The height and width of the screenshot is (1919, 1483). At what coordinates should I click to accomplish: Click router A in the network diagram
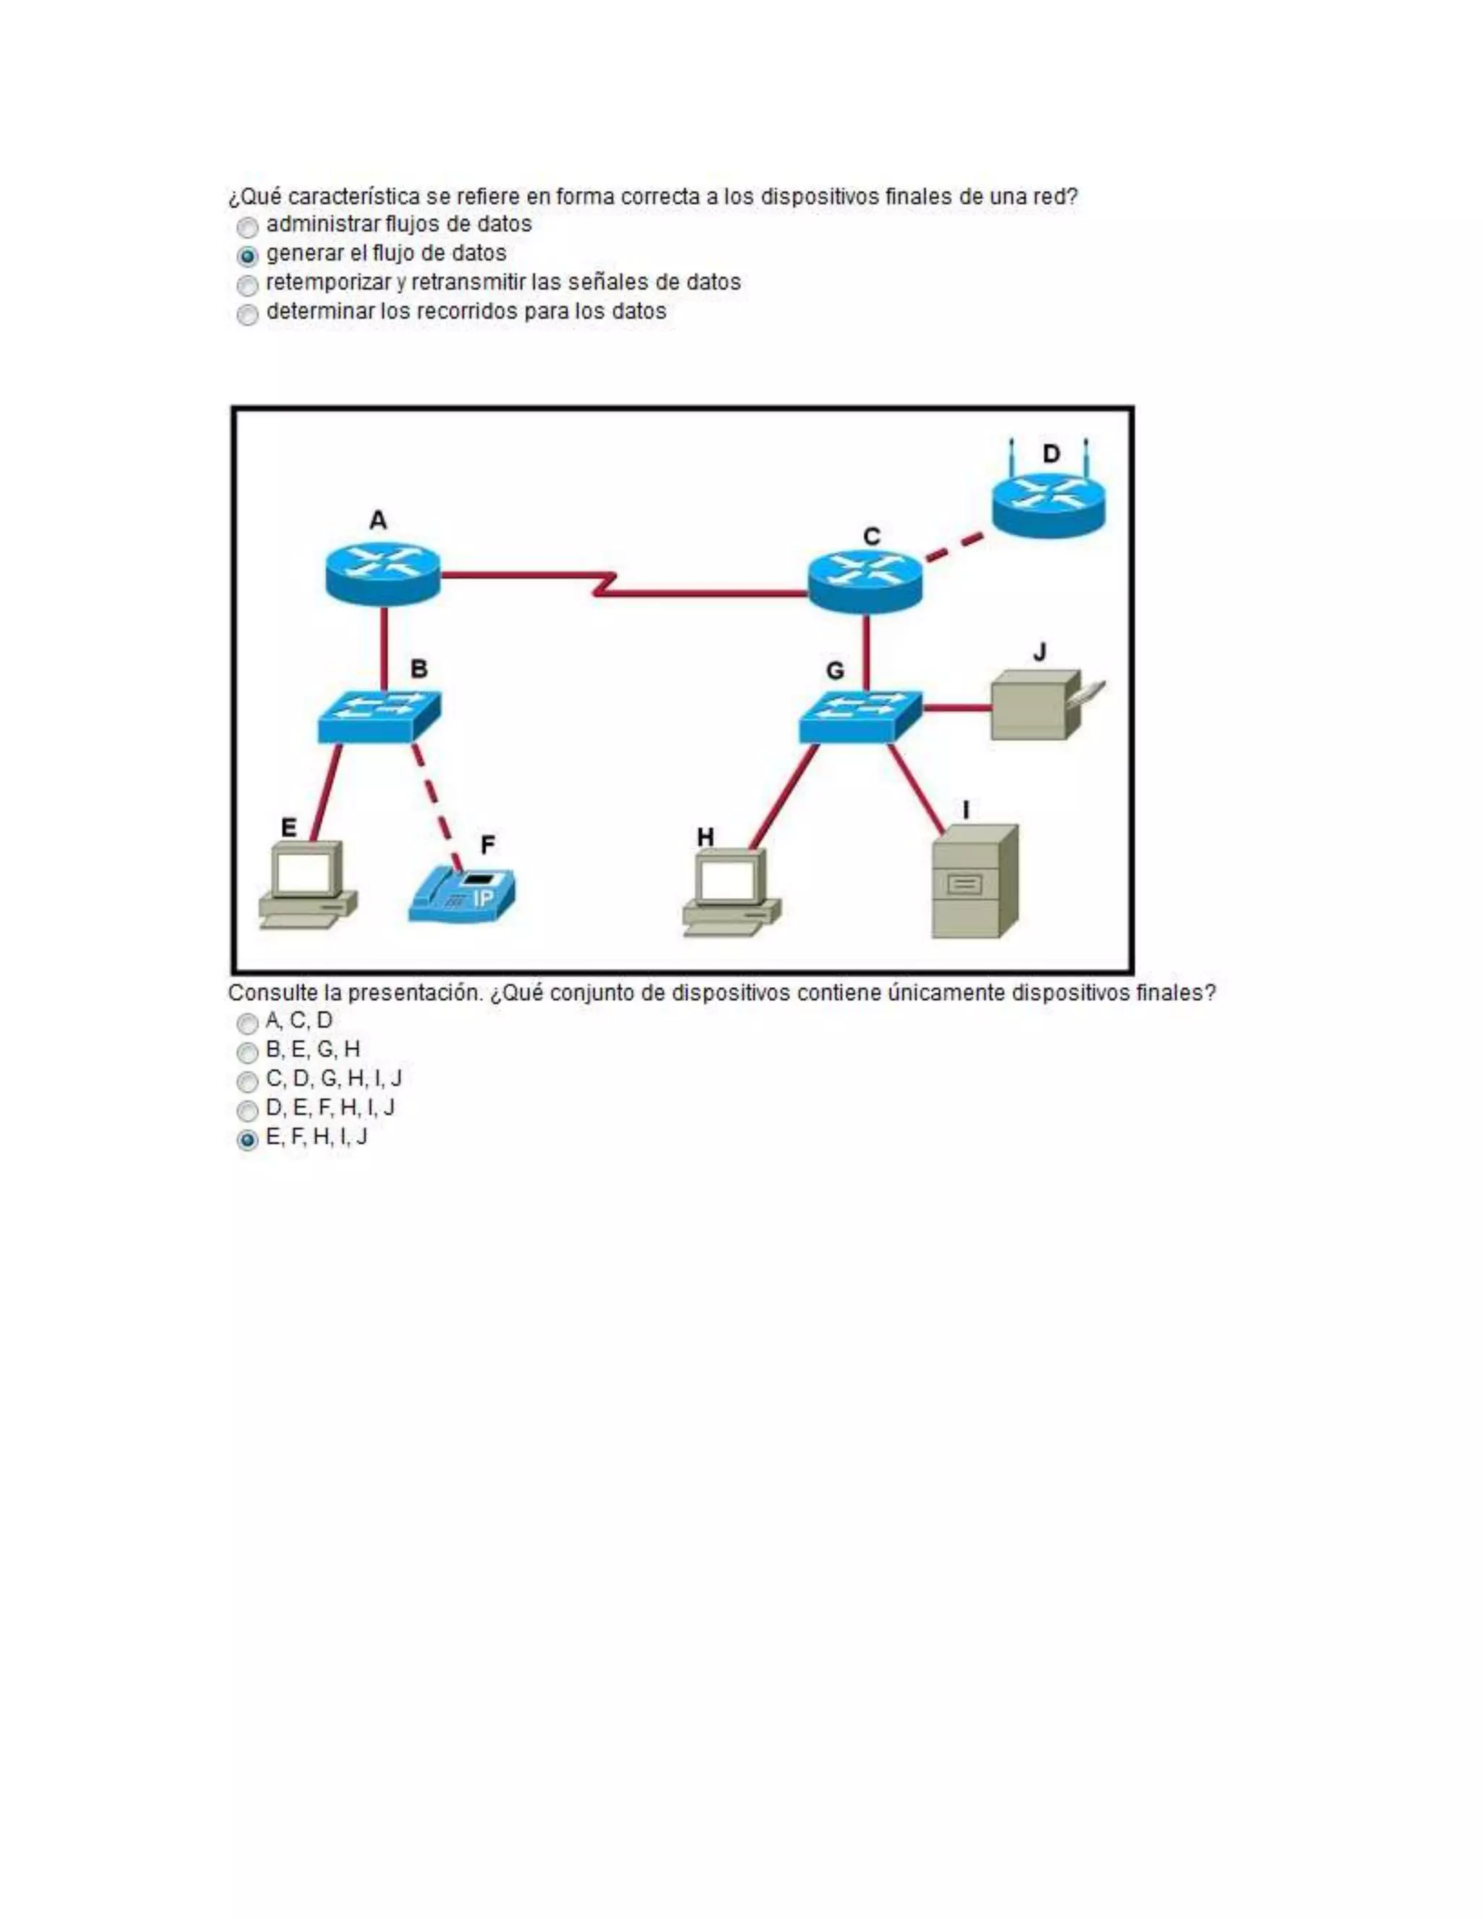pyautogui.click(x=382, y=572)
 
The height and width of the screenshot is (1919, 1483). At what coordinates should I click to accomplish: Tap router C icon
pyautogui.click(x=865, y=581)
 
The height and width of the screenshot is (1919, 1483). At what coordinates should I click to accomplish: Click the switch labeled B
pyautogui.click(x=379, y=716)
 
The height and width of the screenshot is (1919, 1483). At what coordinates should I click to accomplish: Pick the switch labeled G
pyautogui.click(x=860, y=716)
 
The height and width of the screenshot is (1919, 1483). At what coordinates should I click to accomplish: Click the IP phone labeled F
pyautogui.click(x=463, y=894)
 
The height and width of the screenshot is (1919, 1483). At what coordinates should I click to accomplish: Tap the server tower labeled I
pyautogui.click(x=973, y=881)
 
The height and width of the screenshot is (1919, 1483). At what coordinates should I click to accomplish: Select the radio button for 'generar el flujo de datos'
pyautogui.click(x=248, y=256)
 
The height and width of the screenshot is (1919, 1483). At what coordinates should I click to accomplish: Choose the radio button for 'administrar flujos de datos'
pyautogui.click(x=248, y=227)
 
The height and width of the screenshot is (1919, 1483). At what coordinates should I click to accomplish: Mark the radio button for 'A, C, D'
pyautogui.click(x=248, y=1023)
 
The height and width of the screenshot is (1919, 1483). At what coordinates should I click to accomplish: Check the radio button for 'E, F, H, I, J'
pyautogui.click(x=248, y=1140)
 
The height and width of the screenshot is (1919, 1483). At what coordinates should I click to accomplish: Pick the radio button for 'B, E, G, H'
pyautogui.click(x=248, y=1051)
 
